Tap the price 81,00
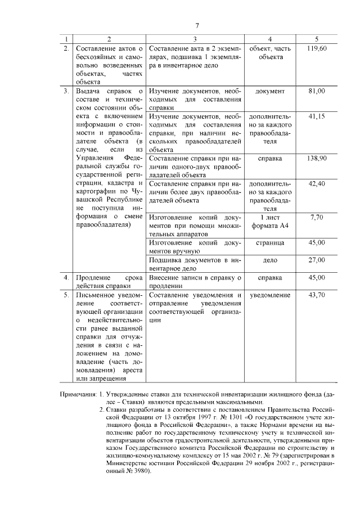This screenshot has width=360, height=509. pos(317,91)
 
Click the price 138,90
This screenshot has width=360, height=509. pos(317,159)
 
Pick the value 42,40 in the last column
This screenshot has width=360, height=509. pos(317,184)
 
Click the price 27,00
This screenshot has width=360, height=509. pos(317,260)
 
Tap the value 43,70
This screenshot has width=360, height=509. pos(317,295)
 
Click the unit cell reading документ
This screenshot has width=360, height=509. pos(269,91)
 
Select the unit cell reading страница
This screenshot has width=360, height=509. pos(269,243)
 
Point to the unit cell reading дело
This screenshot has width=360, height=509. pos(269,260)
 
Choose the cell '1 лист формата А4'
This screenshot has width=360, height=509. pos(269,220)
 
